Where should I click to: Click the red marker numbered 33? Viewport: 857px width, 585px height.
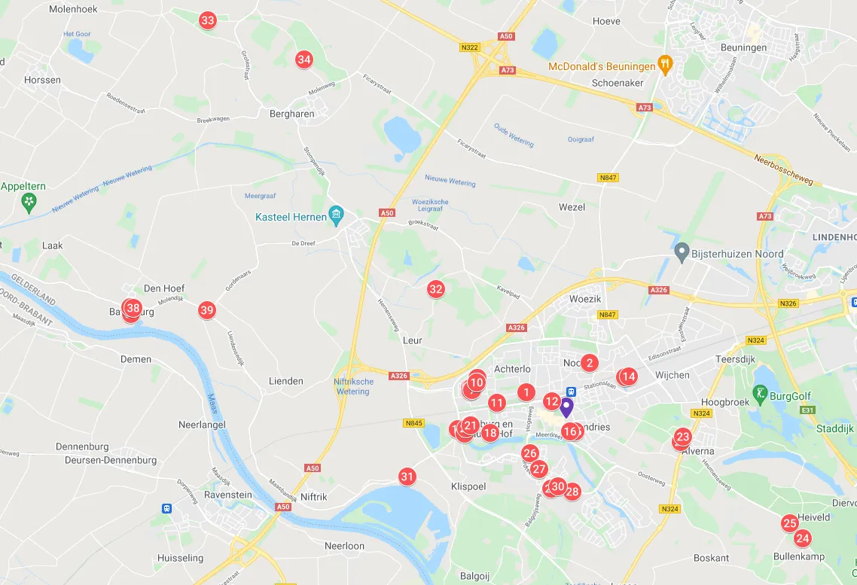tap(208, 20)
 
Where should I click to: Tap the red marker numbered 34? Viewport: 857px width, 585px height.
tap(304, 59)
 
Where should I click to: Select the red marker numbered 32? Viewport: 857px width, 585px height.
tap(436, 289)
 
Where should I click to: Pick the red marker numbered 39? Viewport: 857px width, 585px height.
tap(207, 310)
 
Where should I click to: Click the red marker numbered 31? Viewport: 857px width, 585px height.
tap(407, 477)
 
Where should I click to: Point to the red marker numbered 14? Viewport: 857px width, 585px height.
tap(629, 376)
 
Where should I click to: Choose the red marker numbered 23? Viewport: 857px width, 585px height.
tap(683, 437)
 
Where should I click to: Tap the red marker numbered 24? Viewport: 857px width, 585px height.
tap(803, 538)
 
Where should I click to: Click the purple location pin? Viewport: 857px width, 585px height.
tap(566, 407)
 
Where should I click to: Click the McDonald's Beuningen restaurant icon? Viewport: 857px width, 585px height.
tap(664, 66)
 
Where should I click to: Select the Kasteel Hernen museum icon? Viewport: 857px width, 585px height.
tap(337, 217)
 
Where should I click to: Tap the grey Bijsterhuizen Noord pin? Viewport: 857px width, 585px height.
tap(682, 253)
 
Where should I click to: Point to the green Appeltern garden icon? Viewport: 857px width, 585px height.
tap(29, 201)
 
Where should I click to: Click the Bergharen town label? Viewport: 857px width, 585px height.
tap(291, 114)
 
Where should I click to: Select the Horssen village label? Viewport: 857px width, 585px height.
tap(42, 80)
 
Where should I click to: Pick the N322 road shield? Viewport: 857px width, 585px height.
tap(469, 47)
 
